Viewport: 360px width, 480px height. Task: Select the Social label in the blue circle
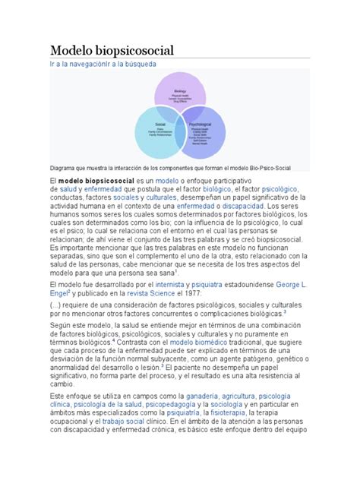160,122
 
